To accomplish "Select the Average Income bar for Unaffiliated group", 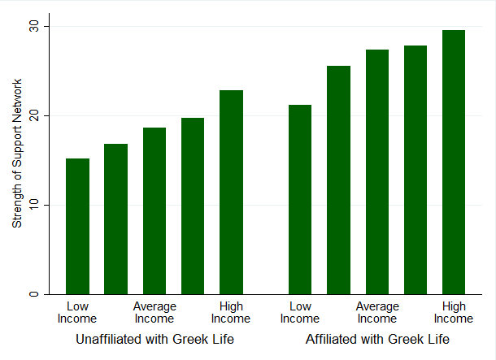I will pyautogui.click(x=154, y=210).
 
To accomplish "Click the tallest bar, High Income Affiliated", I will pyautogui.click(x=454, y=162).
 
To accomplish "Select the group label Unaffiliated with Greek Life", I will pyautogui.click(x=154, y=339).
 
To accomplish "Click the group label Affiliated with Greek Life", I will pyautogui.click(x=377, y=339).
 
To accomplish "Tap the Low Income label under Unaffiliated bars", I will pyautogui.click(x=77, y=312).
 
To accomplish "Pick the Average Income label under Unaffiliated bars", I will pyautogui.click(x=154, y=312).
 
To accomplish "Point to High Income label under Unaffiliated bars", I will pyautogui.click(x=231, y=312).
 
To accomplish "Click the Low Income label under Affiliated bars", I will pyautogui.click(x=300, y=312).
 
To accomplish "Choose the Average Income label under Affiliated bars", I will pyautogui.click(x=377, y=312).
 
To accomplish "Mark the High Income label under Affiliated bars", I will pyautogui.click(x=454, y=312).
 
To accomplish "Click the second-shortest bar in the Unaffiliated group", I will pyautogui.click(x=115, y=219).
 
